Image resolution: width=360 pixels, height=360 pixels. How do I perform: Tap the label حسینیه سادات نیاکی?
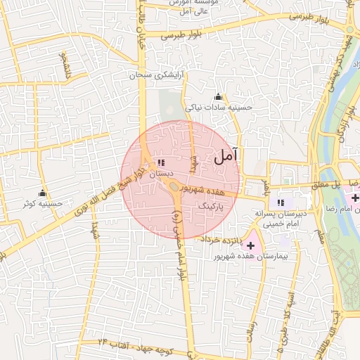[x=217, y=108]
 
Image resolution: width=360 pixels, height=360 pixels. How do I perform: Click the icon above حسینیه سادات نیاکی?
[x=218, y=97]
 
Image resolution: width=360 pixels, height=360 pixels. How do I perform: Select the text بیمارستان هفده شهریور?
[x=243, y=257]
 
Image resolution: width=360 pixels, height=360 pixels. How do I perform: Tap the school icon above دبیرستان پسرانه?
[x=282, y=202]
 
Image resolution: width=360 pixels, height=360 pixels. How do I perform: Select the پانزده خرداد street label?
[x=220, y=239]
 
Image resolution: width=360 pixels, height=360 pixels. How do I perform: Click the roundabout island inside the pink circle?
[x=172, y=187]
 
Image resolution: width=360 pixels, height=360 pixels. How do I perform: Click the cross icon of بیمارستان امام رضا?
[x=355, y=199]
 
